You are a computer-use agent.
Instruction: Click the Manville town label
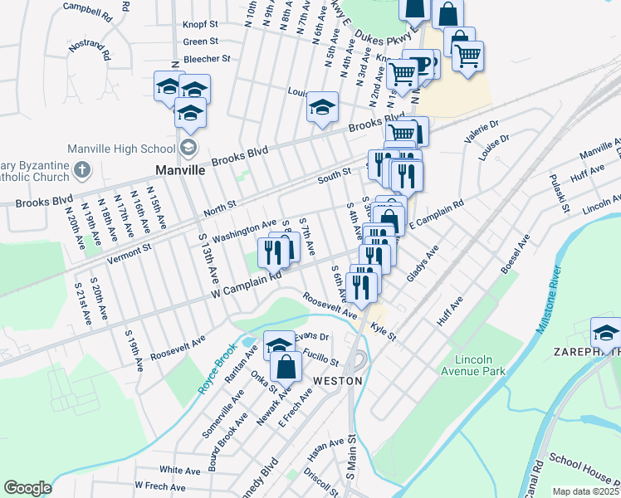[180, 169]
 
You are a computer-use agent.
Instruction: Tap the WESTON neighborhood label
[337, 380]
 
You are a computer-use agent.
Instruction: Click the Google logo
[27, 488]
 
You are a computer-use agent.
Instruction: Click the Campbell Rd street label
[87, 11]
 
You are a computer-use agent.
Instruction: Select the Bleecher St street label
[206, 59]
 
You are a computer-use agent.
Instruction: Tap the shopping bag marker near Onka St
[286, 366]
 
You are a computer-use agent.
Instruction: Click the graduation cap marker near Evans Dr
[280, 344]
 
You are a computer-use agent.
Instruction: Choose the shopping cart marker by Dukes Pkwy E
[468, 56]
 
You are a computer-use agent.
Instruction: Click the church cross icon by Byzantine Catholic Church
[81, 170]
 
